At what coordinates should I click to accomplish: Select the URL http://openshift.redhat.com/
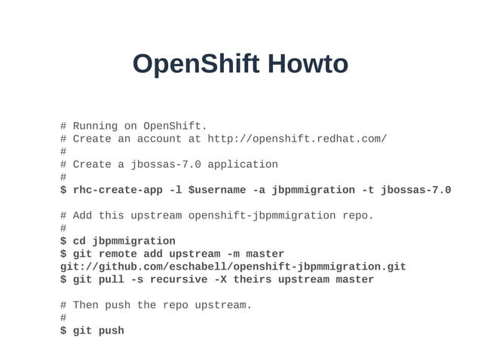[x=297, y=139]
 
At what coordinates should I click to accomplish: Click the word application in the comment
[x=243, y=164]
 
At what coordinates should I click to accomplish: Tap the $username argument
[x=217, y=190]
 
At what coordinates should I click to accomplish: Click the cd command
[x=79, y=241]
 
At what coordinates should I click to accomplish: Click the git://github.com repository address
[x=233, y=267]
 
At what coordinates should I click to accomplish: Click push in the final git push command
[x=112, y=331]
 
